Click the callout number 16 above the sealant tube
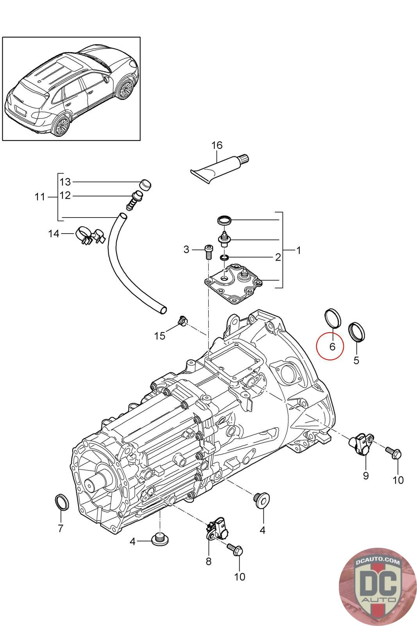pyautogui.click(x=217, y=145)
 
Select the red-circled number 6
pyautogui.click(x=332, y=346)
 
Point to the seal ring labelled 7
pyautogui.click(x=61, y=502)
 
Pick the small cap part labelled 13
pyautogui.click(x=145, y=184)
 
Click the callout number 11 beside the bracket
pyautogui.click(x=40, y=197)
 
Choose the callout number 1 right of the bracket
pyautogui.click(x=299, y=250)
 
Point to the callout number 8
pyautogui.click(x=208, y=561)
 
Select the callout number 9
pyautogui.click(x=366, y=476)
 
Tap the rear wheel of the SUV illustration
pyautogui.click(x=61, y=126)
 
